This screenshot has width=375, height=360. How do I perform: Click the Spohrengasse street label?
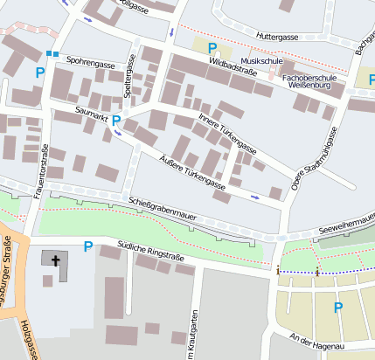point(91,65)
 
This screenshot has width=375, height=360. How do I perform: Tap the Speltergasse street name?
point(129,75)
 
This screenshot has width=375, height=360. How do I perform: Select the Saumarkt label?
point(92,113)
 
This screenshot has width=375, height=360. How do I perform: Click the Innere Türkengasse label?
point(226,130)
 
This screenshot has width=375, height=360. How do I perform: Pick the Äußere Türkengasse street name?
point(194,171)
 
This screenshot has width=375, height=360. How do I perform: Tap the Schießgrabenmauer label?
point(163,206)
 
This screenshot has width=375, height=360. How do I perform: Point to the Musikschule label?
point(260,59)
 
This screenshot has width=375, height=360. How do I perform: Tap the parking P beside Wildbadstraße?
point(212,48)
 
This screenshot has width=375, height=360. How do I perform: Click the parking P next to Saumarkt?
point(115,120)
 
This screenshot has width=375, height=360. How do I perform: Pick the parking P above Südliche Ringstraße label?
point(87,246)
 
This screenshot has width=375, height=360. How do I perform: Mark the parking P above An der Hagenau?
point(337,307)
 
